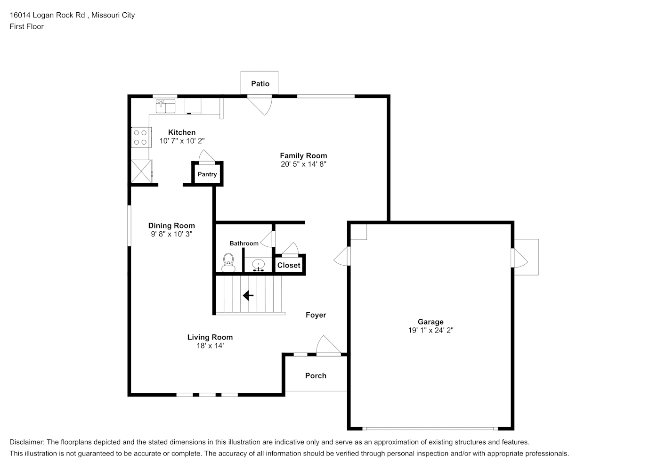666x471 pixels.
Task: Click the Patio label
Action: [260, 83]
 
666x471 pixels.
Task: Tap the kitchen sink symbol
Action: [166, 106]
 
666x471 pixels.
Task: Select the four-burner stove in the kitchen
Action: [141, 138]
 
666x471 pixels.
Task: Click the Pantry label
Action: [207, 174]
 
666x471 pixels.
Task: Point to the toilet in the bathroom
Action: [228, 262]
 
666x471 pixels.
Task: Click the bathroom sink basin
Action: [259, 264]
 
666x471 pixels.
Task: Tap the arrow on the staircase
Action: [248, 296]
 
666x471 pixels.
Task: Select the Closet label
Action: [289, 265]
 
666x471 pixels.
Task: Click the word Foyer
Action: [316, 315]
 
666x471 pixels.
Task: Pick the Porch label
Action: [316, 375]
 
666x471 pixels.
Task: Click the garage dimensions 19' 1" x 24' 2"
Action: [430, 330]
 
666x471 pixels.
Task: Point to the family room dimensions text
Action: [303, 164]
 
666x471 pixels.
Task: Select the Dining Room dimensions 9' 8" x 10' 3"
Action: [171, 234]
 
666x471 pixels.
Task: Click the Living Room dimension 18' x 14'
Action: [210, 346]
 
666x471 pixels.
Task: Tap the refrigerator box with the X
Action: [142, 171]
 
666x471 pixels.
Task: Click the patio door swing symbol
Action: [260, 105]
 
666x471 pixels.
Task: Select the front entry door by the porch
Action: [329, 345]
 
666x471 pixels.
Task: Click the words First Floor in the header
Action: [26, 26]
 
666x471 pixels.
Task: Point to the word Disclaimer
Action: [26, 442]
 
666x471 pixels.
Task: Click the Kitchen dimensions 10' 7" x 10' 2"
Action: [182, 141]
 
